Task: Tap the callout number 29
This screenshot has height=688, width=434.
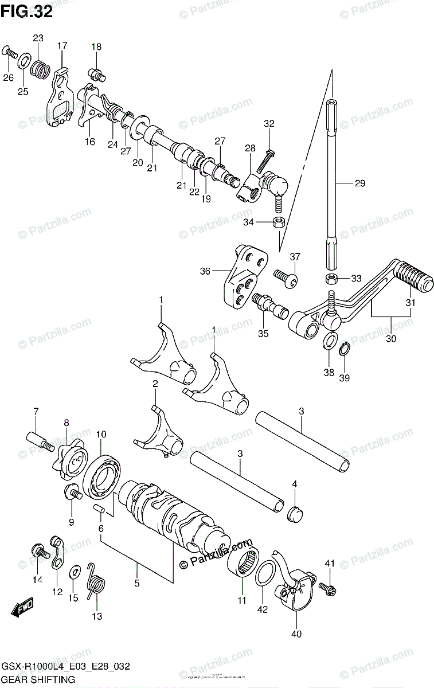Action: pos(359,183)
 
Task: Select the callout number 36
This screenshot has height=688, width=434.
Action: pos(205,271)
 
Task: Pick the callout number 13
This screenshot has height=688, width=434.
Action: pos(96,616)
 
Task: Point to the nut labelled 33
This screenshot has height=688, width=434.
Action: pos(330,279)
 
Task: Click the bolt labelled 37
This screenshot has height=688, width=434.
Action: pos(287,280)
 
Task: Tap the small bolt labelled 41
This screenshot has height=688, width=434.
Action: pos(329,588)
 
